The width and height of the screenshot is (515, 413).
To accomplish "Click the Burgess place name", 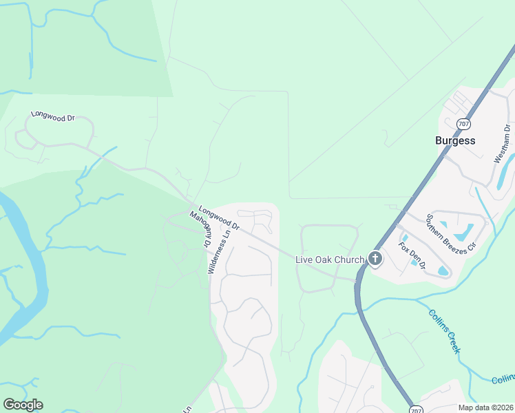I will [455, 140].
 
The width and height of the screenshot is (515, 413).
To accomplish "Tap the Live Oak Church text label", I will [329, 260].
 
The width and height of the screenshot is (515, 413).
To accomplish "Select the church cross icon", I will [375, 259].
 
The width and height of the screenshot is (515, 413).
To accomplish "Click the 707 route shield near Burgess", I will [463, 124].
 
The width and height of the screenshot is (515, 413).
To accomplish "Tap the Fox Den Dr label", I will [412, 255].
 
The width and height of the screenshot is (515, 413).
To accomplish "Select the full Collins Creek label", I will [444, 330].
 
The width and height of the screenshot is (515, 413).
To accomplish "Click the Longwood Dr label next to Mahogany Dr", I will [218, 218].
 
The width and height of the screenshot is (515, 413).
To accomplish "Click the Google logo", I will [23, 404].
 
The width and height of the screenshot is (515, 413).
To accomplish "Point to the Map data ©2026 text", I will [485, 407].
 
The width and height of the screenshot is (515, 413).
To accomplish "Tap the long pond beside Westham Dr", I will [505, 172].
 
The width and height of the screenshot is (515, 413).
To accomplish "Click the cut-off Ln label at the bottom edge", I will [187, 409].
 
